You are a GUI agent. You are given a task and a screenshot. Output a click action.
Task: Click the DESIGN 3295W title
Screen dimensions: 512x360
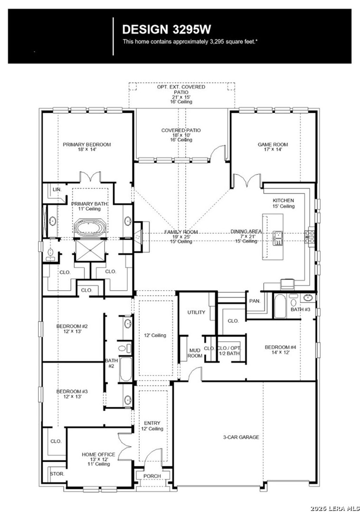pos(167,29)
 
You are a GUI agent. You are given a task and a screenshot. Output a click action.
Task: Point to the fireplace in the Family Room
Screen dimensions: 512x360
pos(140,237)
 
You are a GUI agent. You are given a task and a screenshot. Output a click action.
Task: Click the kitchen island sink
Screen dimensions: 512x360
pos(278,238)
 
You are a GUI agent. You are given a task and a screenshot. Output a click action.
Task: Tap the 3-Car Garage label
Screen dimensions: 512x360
pos(241,437)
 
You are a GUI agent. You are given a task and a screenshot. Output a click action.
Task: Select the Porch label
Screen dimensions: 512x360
pos(152,476)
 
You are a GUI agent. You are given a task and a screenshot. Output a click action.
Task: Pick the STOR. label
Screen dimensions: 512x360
pos(57,474)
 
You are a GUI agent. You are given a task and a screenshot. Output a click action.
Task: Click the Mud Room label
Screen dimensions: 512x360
pos(195,353)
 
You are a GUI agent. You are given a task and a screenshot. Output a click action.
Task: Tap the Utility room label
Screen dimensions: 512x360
pos(196,312)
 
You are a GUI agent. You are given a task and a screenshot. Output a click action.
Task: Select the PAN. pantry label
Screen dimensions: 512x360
pos(255,301)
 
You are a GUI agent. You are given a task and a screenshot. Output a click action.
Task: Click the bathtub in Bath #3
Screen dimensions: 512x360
pos(280,306)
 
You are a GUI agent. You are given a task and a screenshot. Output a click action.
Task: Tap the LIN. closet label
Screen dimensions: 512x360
pos(57,189)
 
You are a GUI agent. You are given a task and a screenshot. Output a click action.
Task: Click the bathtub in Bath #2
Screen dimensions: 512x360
pos(126,369)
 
